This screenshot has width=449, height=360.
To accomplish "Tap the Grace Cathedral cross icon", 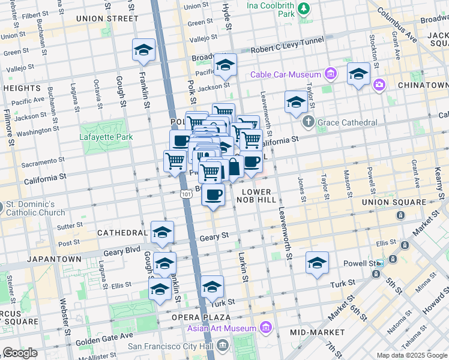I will click(x=309, y=122).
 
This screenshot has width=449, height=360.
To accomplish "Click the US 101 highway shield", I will click(x=185, y=194).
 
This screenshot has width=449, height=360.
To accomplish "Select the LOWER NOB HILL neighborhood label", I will click(x=258, y=196).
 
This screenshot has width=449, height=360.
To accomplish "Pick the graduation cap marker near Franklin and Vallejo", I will click(x=143, y=51).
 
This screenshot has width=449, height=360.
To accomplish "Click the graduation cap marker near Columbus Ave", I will click(x=358, y=75).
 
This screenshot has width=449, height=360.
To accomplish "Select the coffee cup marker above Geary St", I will click(x=213, y=194).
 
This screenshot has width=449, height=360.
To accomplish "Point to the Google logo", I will click(x=20, y=352).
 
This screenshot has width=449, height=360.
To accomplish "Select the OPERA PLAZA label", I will click(x=201, y=317).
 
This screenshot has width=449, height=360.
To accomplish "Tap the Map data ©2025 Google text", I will click(x=411, y=355).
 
